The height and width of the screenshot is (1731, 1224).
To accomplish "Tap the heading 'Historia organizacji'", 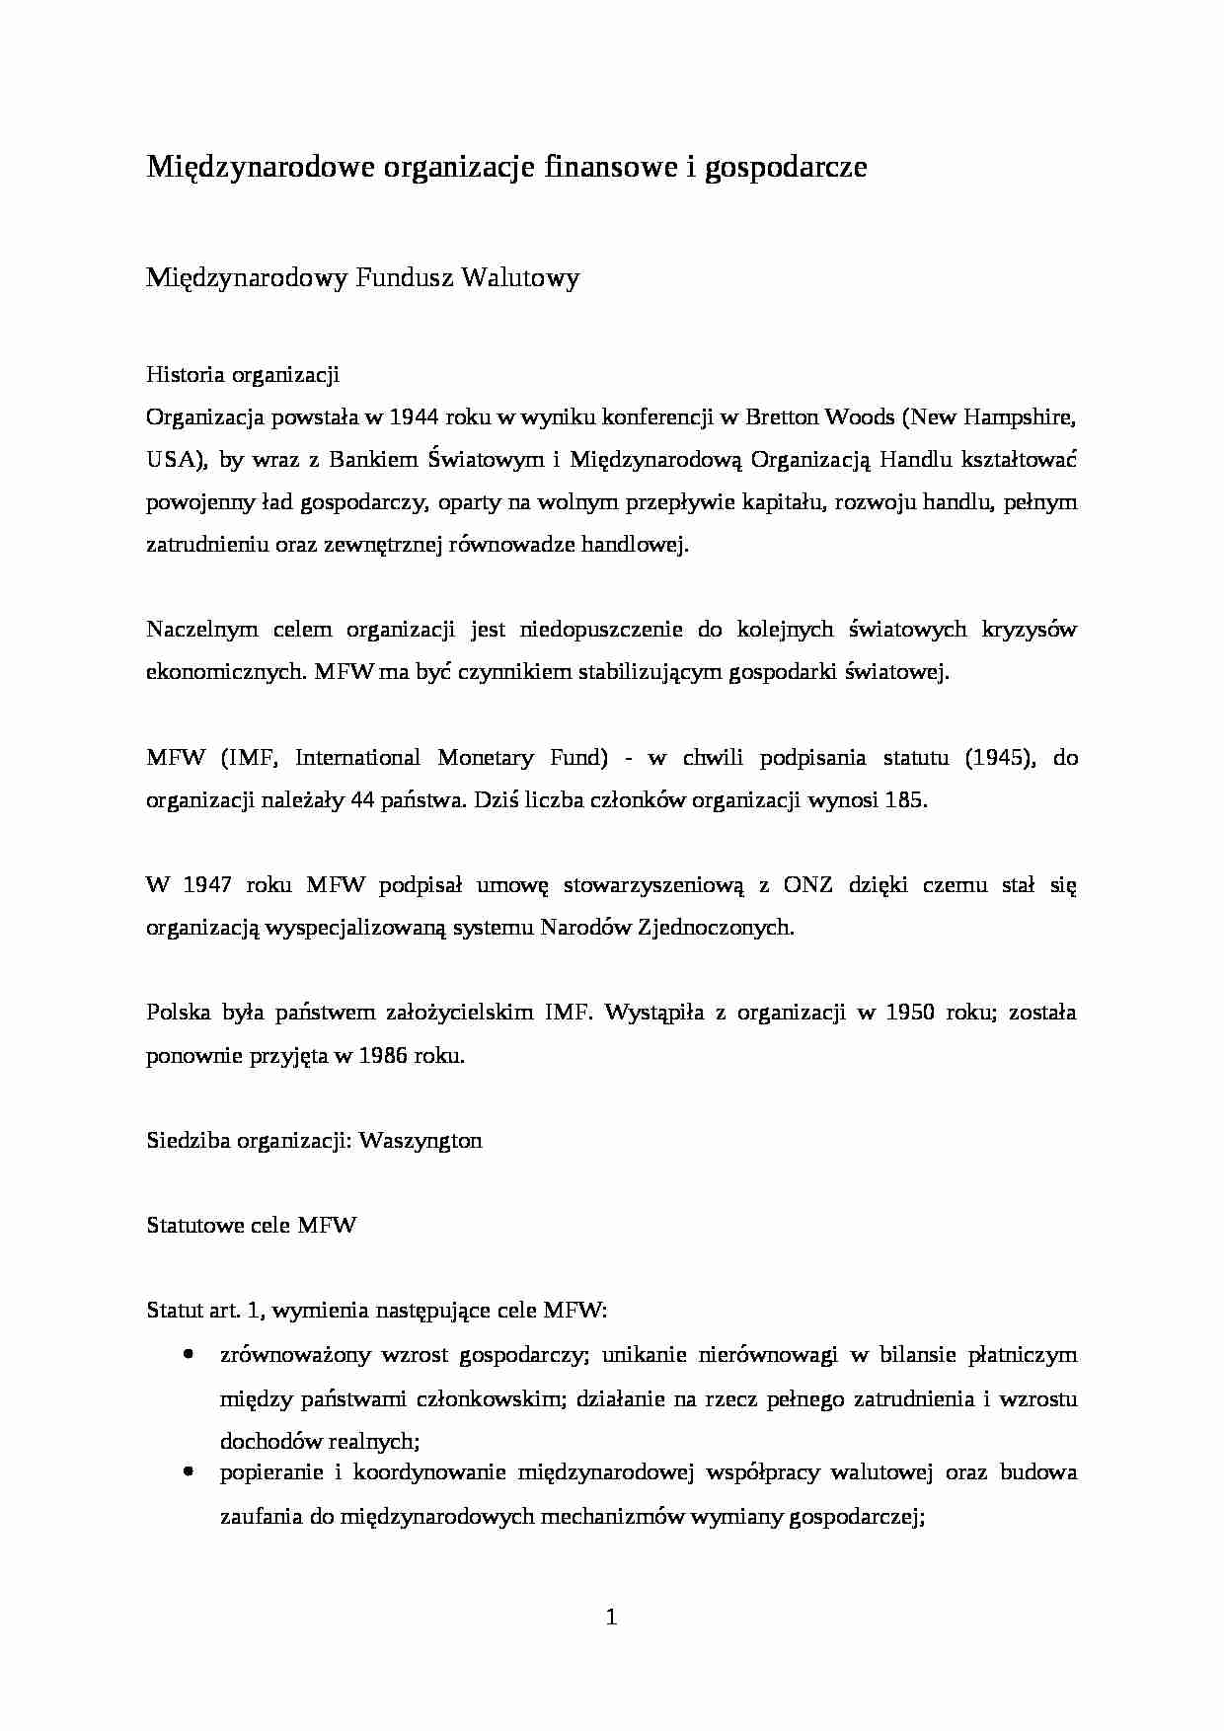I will click(x=243, y=375).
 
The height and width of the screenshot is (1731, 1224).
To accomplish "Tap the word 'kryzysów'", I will click(x=1029, y=630).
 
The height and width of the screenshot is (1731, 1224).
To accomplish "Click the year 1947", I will click(x=207, y=885).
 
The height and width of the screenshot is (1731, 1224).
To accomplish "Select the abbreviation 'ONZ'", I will click(x=808, y=885).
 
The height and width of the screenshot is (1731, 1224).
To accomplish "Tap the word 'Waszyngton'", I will click(x=421, y=1141).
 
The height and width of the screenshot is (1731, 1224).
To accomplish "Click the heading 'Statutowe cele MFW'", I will click(x=251, y=1226).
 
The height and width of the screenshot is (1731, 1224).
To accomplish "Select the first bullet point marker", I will click(x=188, y=1355).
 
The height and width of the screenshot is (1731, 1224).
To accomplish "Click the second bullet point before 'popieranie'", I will click(x=188, y=1472).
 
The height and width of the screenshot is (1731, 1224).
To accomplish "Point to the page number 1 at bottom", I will click(x=611, y=1618).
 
